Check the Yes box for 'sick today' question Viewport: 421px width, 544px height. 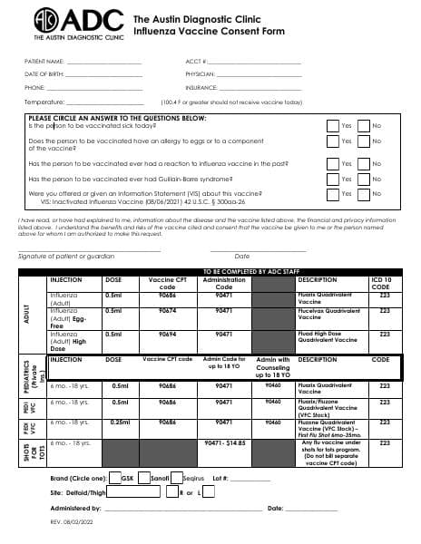[332, 126]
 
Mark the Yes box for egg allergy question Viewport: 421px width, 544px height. [332, 141]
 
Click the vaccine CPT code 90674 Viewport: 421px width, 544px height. [167, 310]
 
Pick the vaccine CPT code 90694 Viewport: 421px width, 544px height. [167, 335]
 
